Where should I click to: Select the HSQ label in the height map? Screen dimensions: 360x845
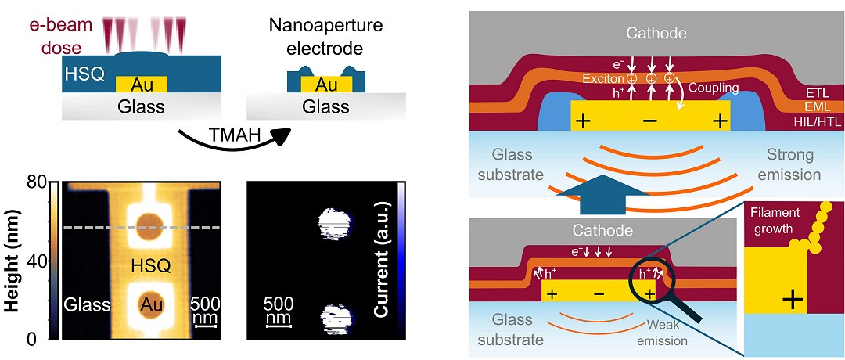point(145,264)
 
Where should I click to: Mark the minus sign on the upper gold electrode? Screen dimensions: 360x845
point(650,122)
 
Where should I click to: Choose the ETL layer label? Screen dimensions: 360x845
point(816,93)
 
